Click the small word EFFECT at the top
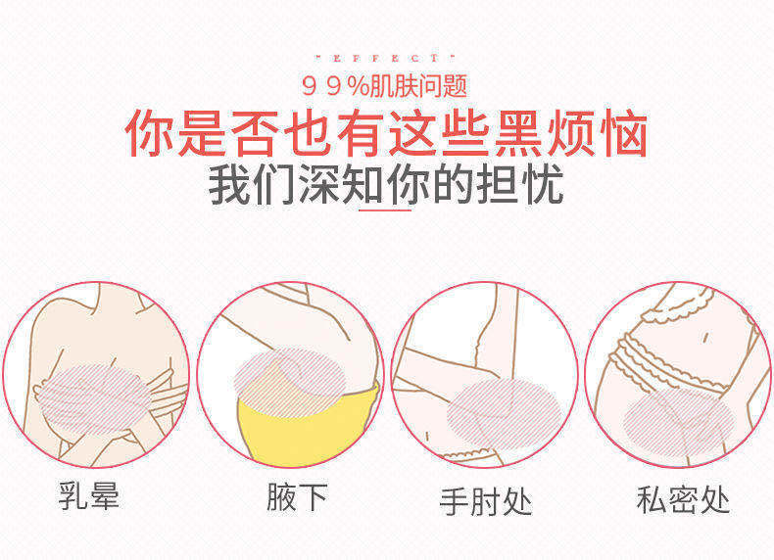point(385,58)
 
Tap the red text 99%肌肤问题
point(384,87)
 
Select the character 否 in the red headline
point(255,134)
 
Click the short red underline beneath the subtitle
point(385,210)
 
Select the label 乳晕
point(89,495)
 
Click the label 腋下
point(297,496)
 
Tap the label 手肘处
point(486,502)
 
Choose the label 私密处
point(683,500)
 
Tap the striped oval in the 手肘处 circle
point(504,414)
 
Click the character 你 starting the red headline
point(150,134)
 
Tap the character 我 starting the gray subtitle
point(229,184)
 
